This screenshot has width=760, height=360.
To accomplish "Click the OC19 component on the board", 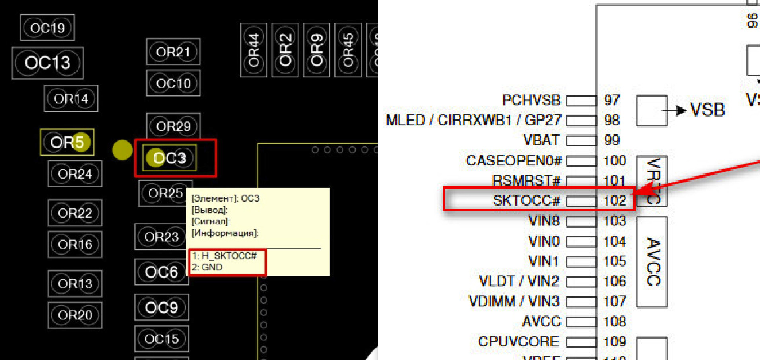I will [47, 28].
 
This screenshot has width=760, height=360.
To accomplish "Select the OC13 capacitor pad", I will [47, 63].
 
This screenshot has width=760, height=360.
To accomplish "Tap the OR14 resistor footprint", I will [71, 99].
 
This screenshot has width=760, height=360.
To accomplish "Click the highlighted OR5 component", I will [67, 142].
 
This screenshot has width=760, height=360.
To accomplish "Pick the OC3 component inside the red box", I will [169, 158].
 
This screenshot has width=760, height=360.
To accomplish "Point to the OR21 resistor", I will [173, 52].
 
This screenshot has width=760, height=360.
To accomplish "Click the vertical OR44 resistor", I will [254, 50].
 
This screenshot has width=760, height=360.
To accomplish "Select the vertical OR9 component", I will [317, 50].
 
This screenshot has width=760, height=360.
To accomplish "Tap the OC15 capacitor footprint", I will [161, 339].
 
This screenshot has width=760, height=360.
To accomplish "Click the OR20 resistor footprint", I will [75, 315].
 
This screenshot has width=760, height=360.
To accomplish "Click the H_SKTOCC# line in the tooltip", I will [225, 256].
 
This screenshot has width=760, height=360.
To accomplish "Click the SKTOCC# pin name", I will [526, 200].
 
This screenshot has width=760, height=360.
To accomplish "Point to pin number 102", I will [614, 200].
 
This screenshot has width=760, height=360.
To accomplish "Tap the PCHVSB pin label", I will [531, 100].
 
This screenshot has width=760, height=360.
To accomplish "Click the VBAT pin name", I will [541, 140].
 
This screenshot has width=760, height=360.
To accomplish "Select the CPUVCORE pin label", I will [519, 341].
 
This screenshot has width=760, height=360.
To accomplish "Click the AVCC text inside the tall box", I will [653, 262].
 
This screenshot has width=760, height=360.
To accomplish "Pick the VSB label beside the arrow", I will [708, 110].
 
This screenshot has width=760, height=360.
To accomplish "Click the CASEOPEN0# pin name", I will [513, 160].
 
